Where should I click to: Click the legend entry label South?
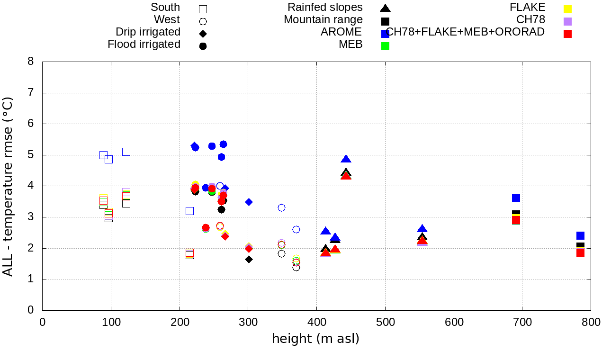coord(165,8)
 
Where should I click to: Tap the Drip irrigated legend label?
coord(148,32)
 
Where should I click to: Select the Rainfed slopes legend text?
coord(325,8)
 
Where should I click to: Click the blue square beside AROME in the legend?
coord(386,33)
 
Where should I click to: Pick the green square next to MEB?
coord(386,46)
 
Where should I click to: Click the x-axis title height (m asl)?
coord(315,339)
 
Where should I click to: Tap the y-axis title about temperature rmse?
coord(8,186)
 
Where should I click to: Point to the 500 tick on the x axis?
coord(385,323)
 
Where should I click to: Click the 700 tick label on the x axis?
coord(522,323)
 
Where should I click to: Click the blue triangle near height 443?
coord(346,159)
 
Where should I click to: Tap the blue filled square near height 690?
coord(516,198)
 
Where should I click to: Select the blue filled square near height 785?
coord(580,235)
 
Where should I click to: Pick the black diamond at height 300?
coord(249,259)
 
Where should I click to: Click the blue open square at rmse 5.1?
coord(126,152)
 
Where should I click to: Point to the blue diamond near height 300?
coord(249,202)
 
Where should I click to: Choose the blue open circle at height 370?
coord(296,229)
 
